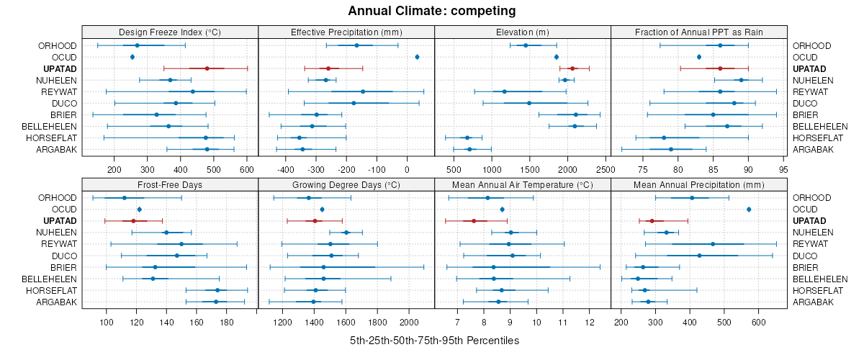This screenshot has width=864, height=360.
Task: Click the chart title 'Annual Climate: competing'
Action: pos(432,11)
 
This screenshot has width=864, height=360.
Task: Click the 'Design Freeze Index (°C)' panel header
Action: pos(170,32)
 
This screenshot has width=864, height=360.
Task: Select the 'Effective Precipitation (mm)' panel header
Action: pos(346,32)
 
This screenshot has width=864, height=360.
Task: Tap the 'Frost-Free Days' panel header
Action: pos(170,184)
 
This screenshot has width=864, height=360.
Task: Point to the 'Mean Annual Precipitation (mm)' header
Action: pos(698,184)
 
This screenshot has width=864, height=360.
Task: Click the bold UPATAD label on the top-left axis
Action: pos(59,68)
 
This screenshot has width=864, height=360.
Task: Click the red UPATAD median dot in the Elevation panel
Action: pos(572,68)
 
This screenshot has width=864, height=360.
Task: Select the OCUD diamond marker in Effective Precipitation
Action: pos(418,57)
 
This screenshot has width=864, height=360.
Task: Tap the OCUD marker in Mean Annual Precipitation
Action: pos(749,209)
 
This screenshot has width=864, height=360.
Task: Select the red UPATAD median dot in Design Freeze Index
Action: pos(207,68)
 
